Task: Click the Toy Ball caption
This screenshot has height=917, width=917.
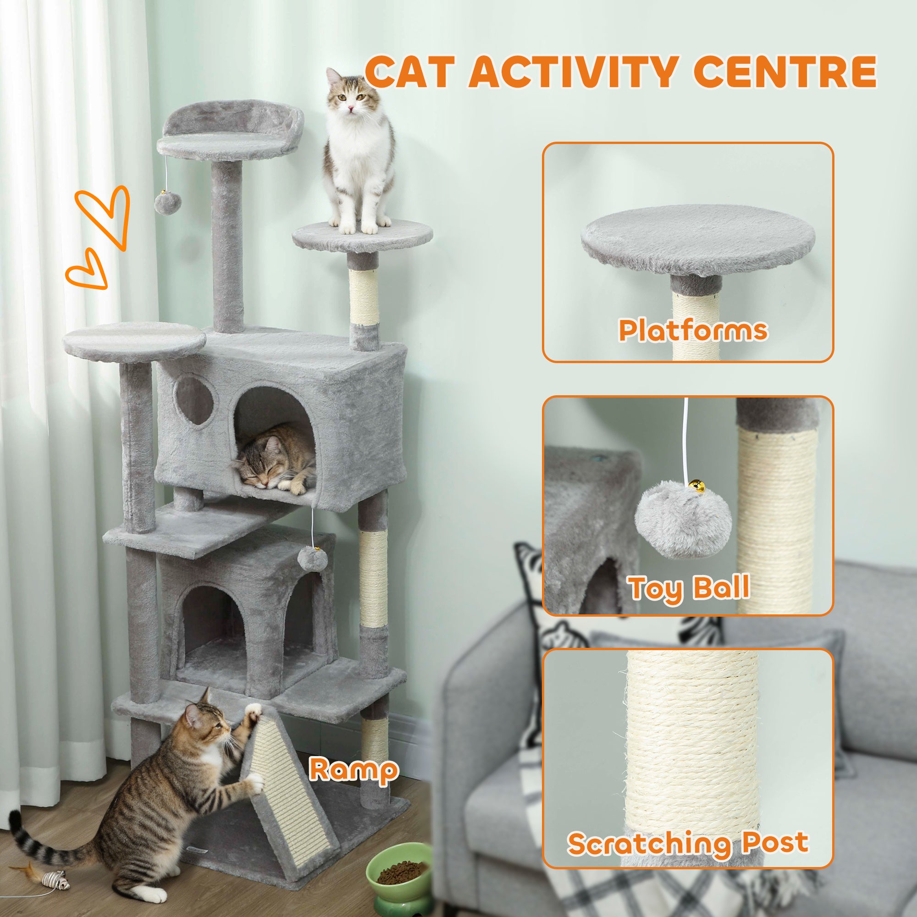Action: click(x=689, y=588)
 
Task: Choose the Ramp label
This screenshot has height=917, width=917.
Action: click(x=353, y=770)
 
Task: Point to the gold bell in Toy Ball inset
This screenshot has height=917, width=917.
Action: click(x=696, y=486)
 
